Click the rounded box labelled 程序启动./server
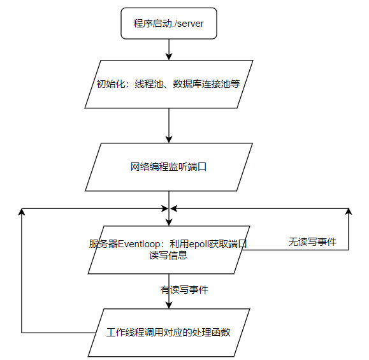pos(169,24)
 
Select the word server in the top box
pos(190,24)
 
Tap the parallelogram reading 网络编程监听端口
pos(169,167)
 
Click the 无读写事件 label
pos(312,242)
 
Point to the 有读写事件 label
pos(184,290)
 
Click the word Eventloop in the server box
pos(139,244)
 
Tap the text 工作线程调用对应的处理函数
pos(168,332)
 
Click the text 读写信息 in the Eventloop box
pos(168,256)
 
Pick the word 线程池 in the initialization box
pos(149,84)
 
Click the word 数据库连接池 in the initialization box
pos(201,84)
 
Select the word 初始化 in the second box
pos(111,84)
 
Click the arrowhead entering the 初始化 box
pos(169,57)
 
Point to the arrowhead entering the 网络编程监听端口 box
pos(169,140)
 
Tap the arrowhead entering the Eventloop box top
pos(169,222)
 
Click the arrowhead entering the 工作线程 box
pos(169,305)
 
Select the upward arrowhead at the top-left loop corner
pos(22,212)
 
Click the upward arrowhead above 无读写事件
pos(349,212)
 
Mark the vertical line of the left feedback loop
pos(22,271)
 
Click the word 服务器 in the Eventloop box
pos(103,244)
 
